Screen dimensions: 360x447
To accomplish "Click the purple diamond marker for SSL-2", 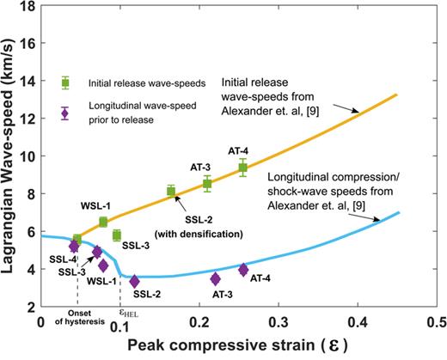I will pyautogui.click(x=134, y=281).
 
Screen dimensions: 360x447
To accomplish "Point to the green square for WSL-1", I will pyautogui.click(x=104, y=222).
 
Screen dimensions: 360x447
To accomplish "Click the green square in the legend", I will pyautogui.click(x=65, y=82).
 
